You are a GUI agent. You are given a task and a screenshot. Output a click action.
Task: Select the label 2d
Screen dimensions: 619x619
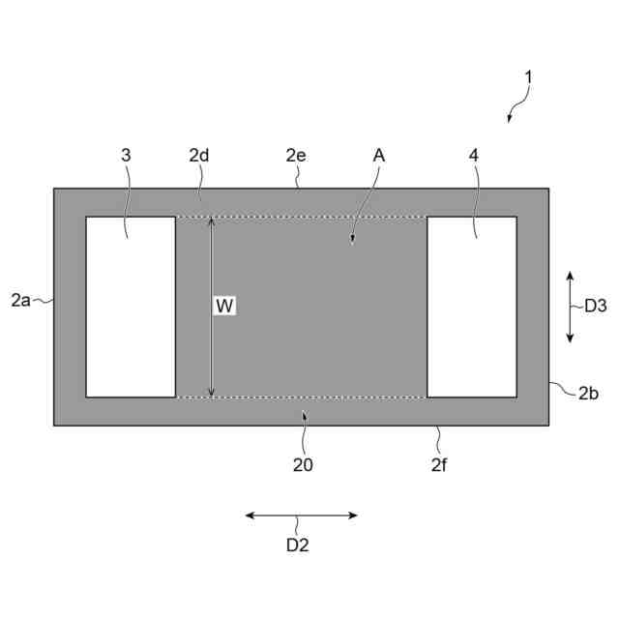[199, 155]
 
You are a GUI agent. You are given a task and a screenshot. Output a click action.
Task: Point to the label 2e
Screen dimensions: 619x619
[296, 155]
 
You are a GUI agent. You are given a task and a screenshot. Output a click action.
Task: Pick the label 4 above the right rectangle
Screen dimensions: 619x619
[474, 155]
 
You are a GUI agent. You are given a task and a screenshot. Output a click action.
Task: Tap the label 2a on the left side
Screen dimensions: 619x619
[20, 301]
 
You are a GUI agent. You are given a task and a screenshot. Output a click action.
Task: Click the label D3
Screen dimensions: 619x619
[595, 306]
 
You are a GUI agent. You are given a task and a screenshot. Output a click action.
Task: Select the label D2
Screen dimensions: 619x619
[297, 545]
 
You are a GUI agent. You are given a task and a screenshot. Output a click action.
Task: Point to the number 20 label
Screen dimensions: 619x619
[303, 464]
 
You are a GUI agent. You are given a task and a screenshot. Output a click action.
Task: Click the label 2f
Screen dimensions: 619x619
[438, 464]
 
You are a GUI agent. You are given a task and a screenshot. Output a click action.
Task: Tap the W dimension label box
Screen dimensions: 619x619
[224, 306]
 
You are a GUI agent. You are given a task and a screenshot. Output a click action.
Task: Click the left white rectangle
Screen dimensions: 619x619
[131, 307]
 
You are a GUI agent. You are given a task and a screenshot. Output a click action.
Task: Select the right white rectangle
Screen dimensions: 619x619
[471, 307]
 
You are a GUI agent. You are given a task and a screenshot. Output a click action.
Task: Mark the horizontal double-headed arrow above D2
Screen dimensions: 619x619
[301, 516]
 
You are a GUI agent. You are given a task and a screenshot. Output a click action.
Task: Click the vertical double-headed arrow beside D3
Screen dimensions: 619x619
[570, 307]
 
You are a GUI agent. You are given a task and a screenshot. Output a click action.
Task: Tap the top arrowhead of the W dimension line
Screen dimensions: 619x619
[212, 221]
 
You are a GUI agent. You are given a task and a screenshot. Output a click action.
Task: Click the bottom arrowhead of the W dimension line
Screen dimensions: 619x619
[212, 392]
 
